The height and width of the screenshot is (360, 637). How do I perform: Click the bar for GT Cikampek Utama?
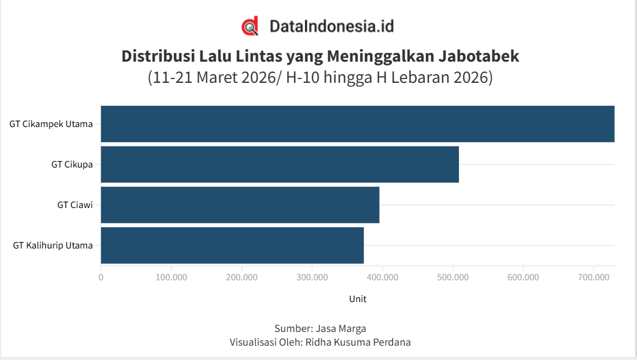click(357, 124)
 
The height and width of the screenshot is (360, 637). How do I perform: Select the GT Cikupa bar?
click(280, 164)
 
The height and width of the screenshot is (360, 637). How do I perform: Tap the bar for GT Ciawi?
click(240, 205)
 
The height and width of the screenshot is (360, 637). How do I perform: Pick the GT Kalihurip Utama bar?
click(232, 245)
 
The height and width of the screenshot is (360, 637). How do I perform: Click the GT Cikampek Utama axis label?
click(51, 124)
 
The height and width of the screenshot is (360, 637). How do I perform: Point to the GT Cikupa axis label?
click(72, 164)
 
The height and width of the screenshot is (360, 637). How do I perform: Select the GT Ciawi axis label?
click(75, 205)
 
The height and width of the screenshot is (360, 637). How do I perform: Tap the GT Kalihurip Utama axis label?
click(53, 245)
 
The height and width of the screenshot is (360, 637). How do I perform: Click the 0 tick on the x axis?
click(101, 277)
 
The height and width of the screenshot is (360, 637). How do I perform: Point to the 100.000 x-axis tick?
click(171, 277)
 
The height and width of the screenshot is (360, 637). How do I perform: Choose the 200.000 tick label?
click(242, 277)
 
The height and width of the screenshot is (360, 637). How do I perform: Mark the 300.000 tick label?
click(312, 277)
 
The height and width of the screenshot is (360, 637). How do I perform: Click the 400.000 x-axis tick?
click(382, 277)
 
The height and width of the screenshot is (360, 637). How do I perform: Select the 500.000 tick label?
click(453, 277)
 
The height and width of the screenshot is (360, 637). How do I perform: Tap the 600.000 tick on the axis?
click(523, 277)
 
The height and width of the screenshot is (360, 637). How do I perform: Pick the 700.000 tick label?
click(593, 277)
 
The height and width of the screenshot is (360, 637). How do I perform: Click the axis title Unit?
click(357, 299)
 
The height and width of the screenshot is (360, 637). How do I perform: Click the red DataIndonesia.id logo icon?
click(250, 27)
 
